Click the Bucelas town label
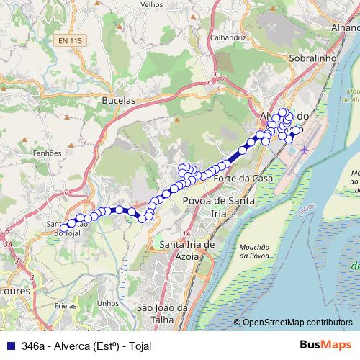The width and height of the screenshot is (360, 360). click(x=119, y=102)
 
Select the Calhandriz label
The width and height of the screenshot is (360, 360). click(x=225, y=36)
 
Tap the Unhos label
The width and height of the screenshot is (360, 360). click(x=108, y=303)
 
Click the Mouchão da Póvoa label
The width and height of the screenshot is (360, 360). click(x=255, y=251)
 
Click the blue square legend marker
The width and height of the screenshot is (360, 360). click(x=9, y=346)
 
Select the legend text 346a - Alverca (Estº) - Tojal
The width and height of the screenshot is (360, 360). click(x=86, y=346)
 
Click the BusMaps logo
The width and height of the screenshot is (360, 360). click(x=326, y=345)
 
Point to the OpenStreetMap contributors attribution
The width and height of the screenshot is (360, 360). click(x=297, y=323)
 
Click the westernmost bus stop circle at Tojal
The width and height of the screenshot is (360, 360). click(x=64, y=228)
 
